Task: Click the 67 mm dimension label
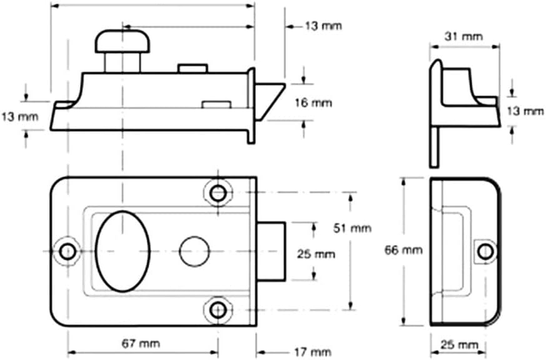(x=141, y=344)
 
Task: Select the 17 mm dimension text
(x=311, y=351)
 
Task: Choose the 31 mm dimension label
(x=463, y=36)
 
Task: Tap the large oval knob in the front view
(x=124, y=251)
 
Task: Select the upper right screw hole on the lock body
(x=218, y=192)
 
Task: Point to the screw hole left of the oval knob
(x=67, y=251)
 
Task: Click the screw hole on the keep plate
(x=484, y=251)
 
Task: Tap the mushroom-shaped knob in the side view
(x=123, y=41)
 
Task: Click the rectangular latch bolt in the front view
(x=271, y=251)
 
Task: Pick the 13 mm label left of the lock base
(x=19, y=116)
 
